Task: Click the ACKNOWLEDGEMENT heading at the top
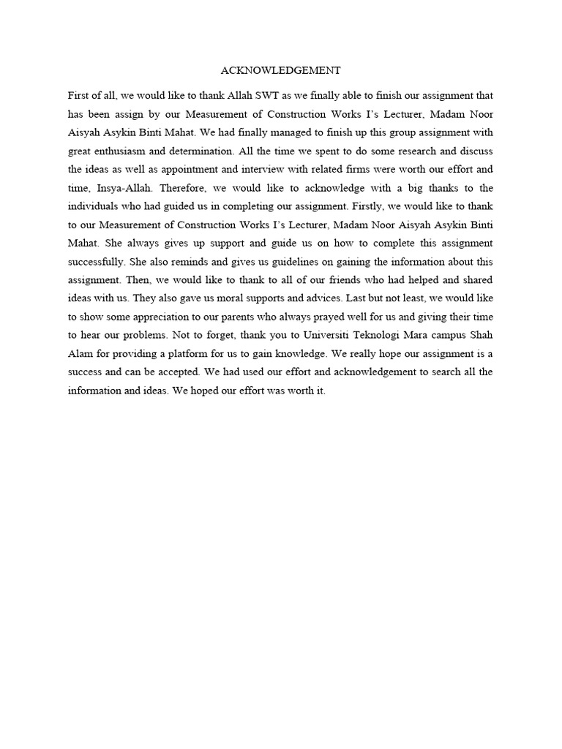[x=281, y=71]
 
